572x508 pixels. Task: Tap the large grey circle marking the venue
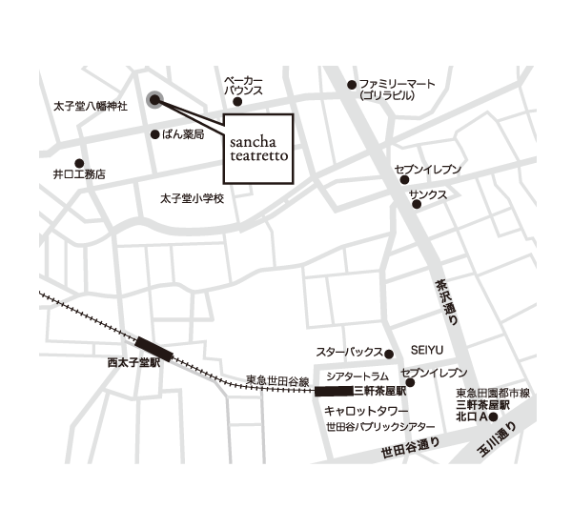pos(155,99)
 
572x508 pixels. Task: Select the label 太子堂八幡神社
pos(88,107)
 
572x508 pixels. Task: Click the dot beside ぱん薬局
pos(155,134)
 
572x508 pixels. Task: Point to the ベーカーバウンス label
pos(243,85)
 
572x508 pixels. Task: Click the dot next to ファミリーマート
pos(351,84)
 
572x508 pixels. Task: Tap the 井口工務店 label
pos(80,175)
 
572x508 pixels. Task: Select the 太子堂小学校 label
pos(191,198)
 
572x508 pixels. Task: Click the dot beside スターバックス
pos(389,352)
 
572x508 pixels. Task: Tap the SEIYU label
pos(428,351)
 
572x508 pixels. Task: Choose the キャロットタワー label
pos(353,409)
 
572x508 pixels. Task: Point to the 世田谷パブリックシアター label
pos(379,425)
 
